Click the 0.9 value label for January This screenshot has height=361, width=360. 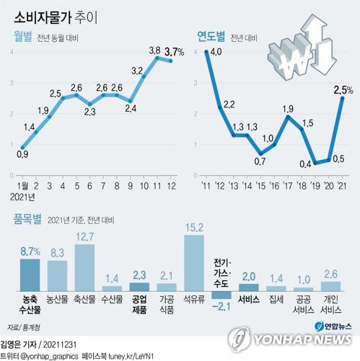pyautogui.click(x=22, y=153)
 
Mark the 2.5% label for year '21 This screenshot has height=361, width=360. pyautogui.click(x=343, y=89)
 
